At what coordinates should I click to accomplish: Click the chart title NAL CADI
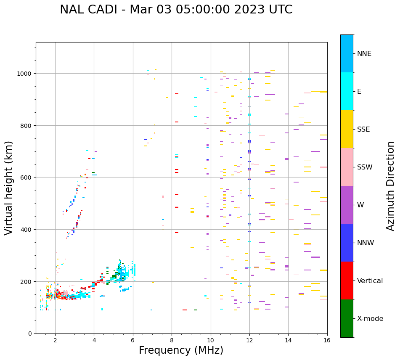click(x=176, y=10)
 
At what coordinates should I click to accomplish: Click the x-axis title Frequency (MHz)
click(x=181, y=350)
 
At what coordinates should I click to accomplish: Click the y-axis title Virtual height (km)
click(x=9, y=188)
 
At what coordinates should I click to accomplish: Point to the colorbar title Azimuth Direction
click(x=391, y=186)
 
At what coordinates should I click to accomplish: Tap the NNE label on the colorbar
click(x=364, y=54)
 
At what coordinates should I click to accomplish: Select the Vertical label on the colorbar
click(x=370, y=281)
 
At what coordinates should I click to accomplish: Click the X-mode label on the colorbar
click(x=370, y=319)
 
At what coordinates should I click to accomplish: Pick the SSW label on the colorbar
click(x=365, y=167)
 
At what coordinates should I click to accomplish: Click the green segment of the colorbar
click(x=347, y=318)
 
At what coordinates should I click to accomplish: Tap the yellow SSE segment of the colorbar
click(x=347, y=129)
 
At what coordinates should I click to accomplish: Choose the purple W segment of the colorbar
click(x=347, y=205)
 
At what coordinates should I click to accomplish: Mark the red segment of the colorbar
click(x=347, y=281)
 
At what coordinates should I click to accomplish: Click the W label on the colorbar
click(x=361, y=205)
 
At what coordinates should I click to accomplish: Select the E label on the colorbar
click(x=359, y=92)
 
